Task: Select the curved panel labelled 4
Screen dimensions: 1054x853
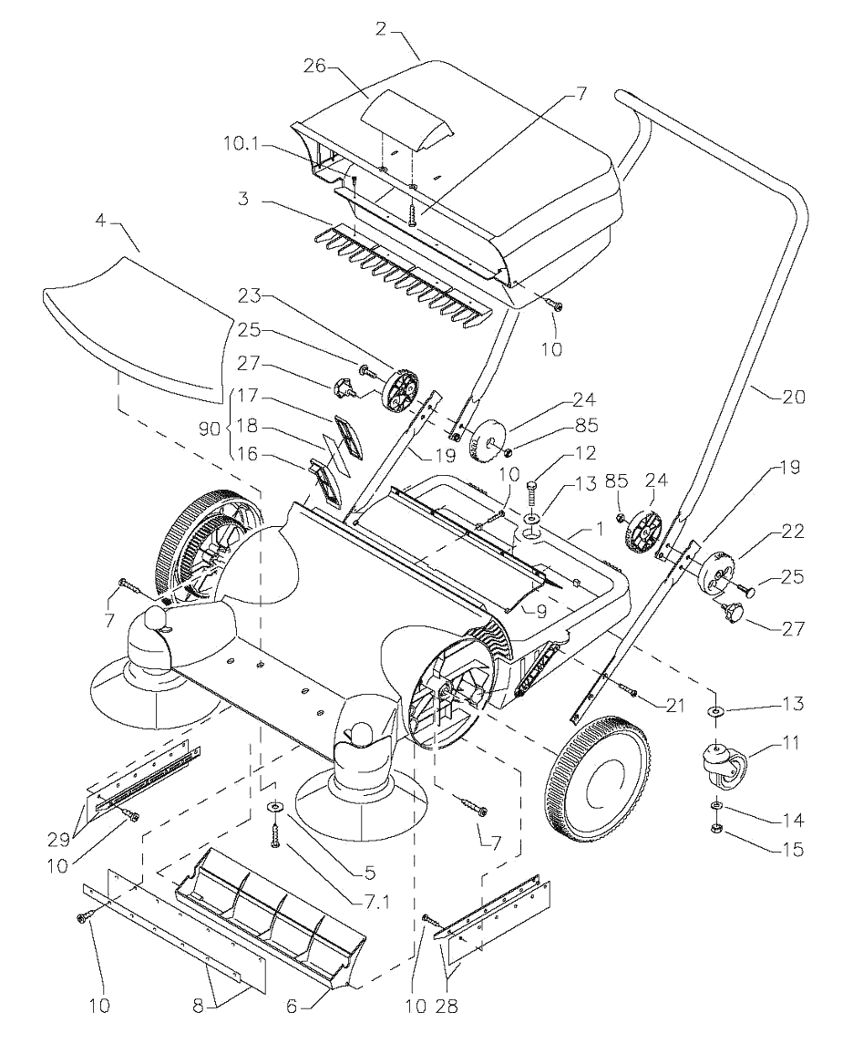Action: coord(137,328)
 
